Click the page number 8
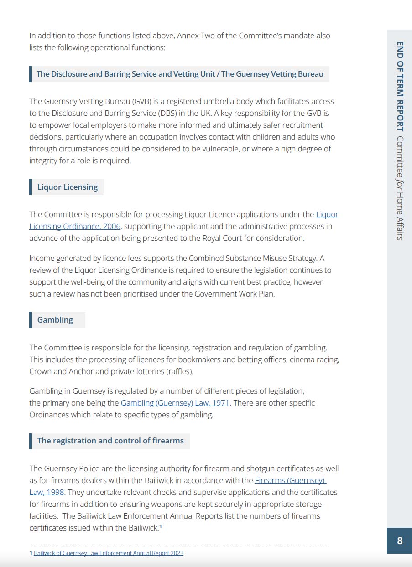400,541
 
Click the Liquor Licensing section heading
67,187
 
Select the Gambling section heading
55,320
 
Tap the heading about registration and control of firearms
110,441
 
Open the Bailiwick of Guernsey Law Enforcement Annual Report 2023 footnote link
109,553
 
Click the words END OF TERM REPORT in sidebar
400,86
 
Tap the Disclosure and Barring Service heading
180,74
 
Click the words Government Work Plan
234,294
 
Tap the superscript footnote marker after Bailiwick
161,527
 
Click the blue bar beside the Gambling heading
31,320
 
